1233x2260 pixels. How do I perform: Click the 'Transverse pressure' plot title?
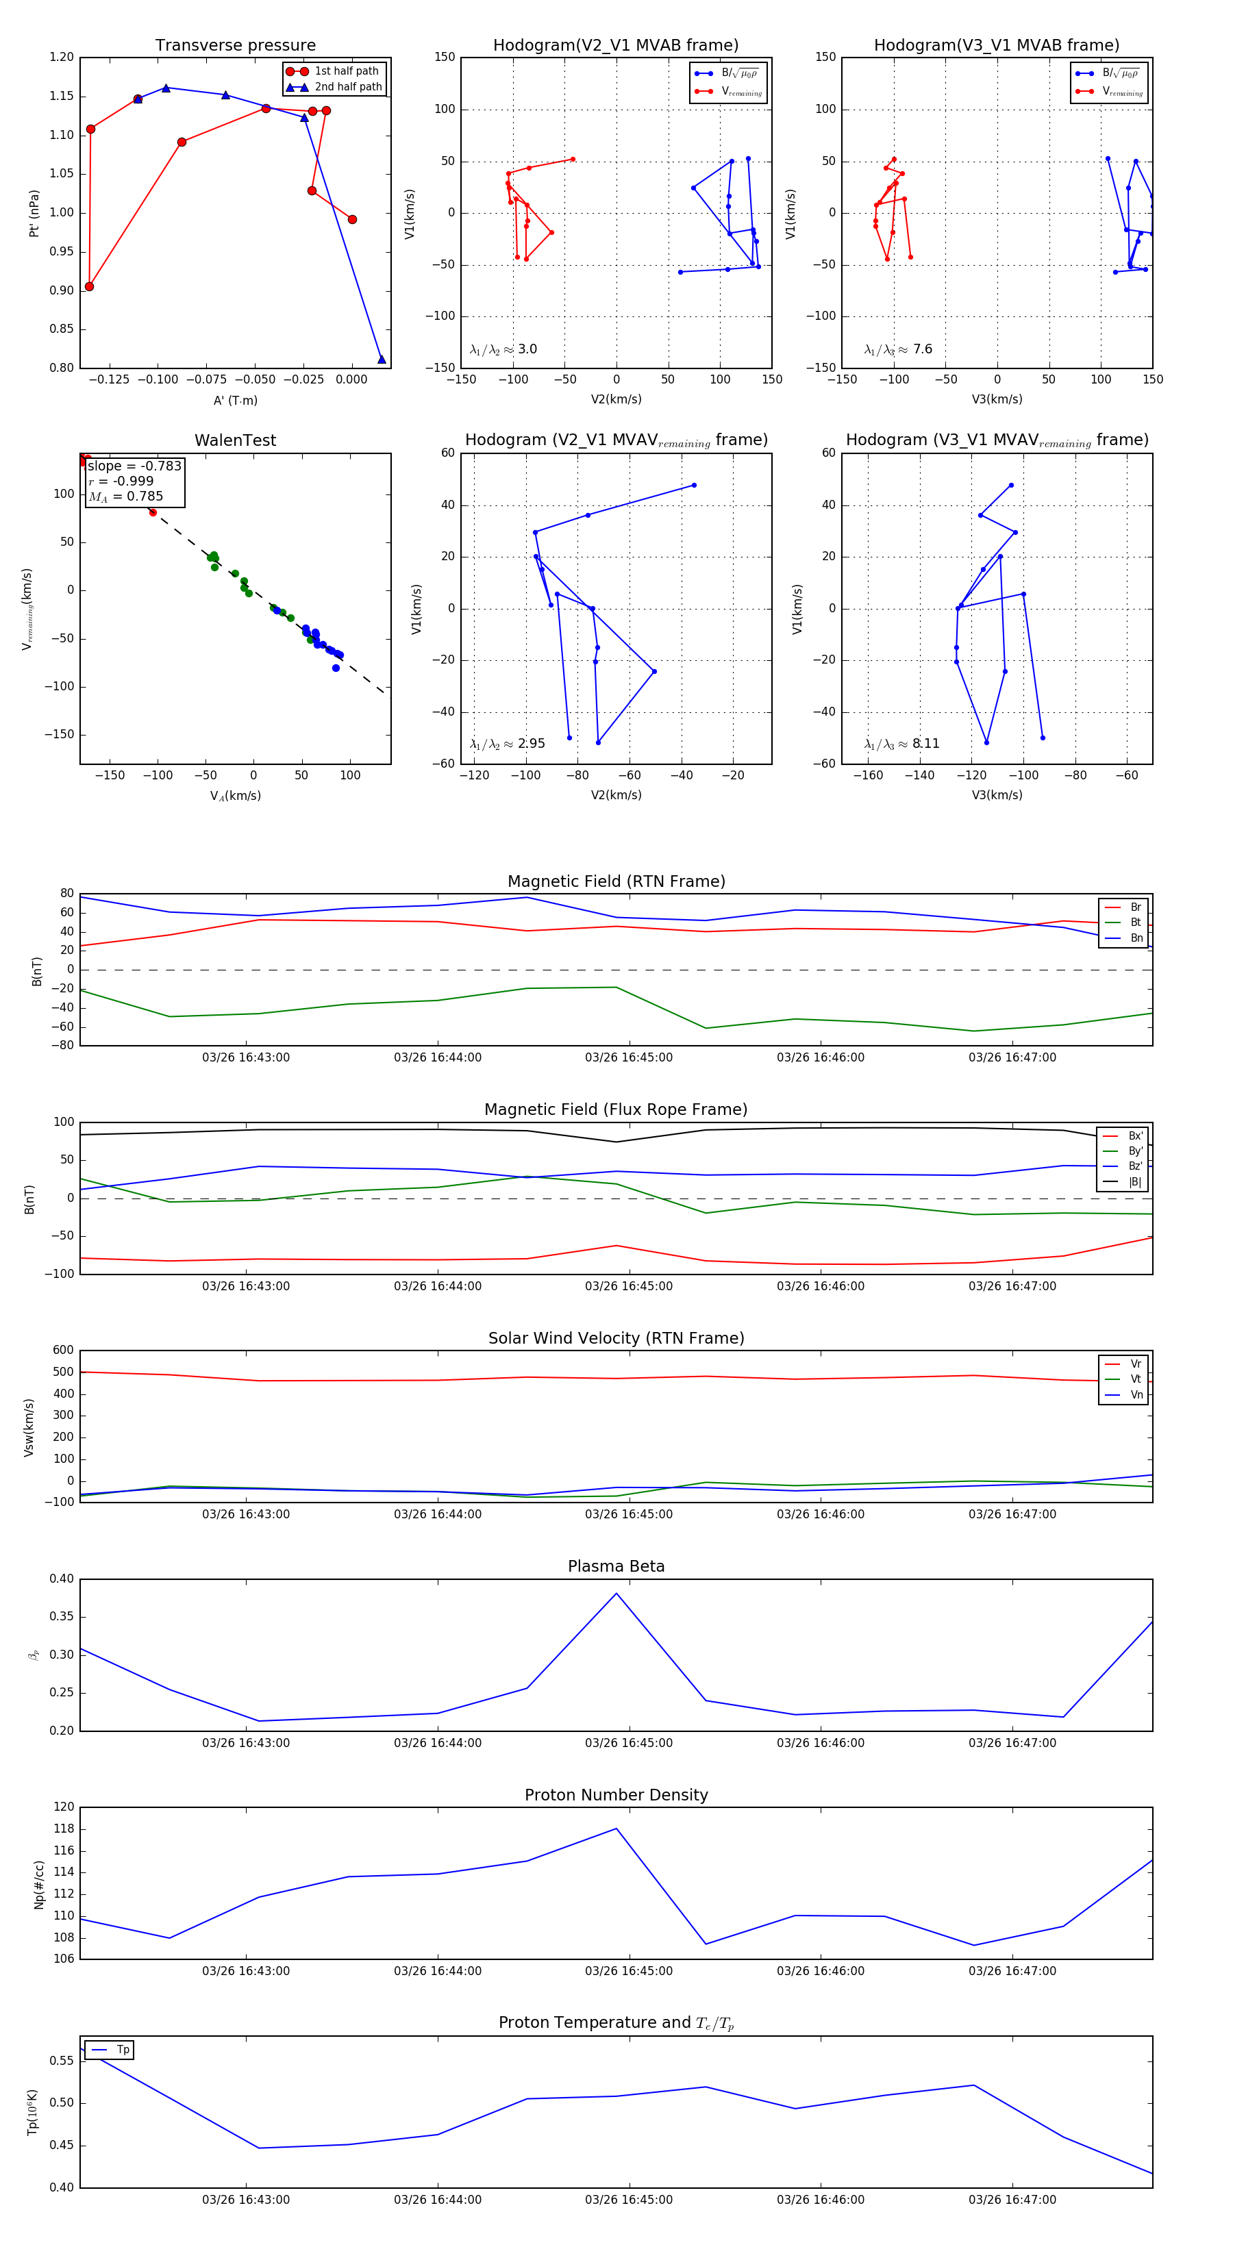pos(235,46)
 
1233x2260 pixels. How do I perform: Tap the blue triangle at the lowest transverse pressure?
pos(381,359)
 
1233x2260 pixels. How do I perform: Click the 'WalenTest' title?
pos(235,440)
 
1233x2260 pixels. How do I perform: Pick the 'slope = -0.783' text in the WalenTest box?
pos(134,466)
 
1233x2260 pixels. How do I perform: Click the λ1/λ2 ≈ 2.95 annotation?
pos(507,744)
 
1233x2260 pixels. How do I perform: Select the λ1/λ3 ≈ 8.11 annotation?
pos(901,744)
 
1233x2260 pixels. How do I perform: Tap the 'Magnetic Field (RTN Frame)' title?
pos(616,881)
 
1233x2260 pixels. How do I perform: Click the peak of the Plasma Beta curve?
pos(616,1593)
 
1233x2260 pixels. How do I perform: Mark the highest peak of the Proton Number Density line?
pos(616,1829)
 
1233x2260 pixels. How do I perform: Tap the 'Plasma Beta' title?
pos(616,1567)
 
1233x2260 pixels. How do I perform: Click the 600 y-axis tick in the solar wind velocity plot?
pos(63,1351)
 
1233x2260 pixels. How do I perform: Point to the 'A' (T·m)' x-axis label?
pos(235,400)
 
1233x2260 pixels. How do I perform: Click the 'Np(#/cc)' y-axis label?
pos(38,1885)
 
